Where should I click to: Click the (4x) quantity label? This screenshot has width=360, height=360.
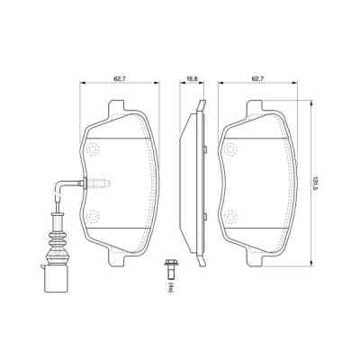pos(169,288)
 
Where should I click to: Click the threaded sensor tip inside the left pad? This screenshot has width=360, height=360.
pos(98,186)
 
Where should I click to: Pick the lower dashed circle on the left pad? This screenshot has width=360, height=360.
pos(94,214)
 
